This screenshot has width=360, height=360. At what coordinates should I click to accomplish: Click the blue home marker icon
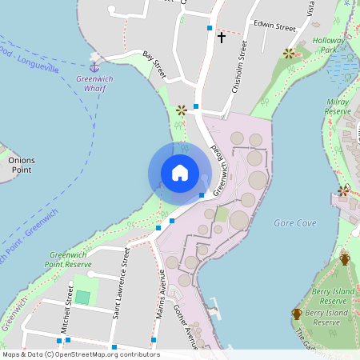[180, 173]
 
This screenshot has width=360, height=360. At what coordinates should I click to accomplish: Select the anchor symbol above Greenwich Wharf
[94, 66]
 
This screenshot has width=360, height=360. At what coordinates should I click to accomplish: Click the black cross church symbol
[221, 37]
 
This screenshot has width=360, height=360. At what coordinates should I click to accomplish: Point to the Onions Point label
[22, 165]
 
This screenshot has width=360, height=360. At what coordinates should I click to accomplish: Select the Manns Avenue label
[161, 299]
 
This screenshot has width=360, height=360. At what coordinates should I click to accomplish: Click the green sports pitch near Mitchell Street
[82, 297]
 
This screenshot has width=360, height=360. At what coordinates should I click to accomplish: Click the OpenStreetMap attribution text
[80, 354]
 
